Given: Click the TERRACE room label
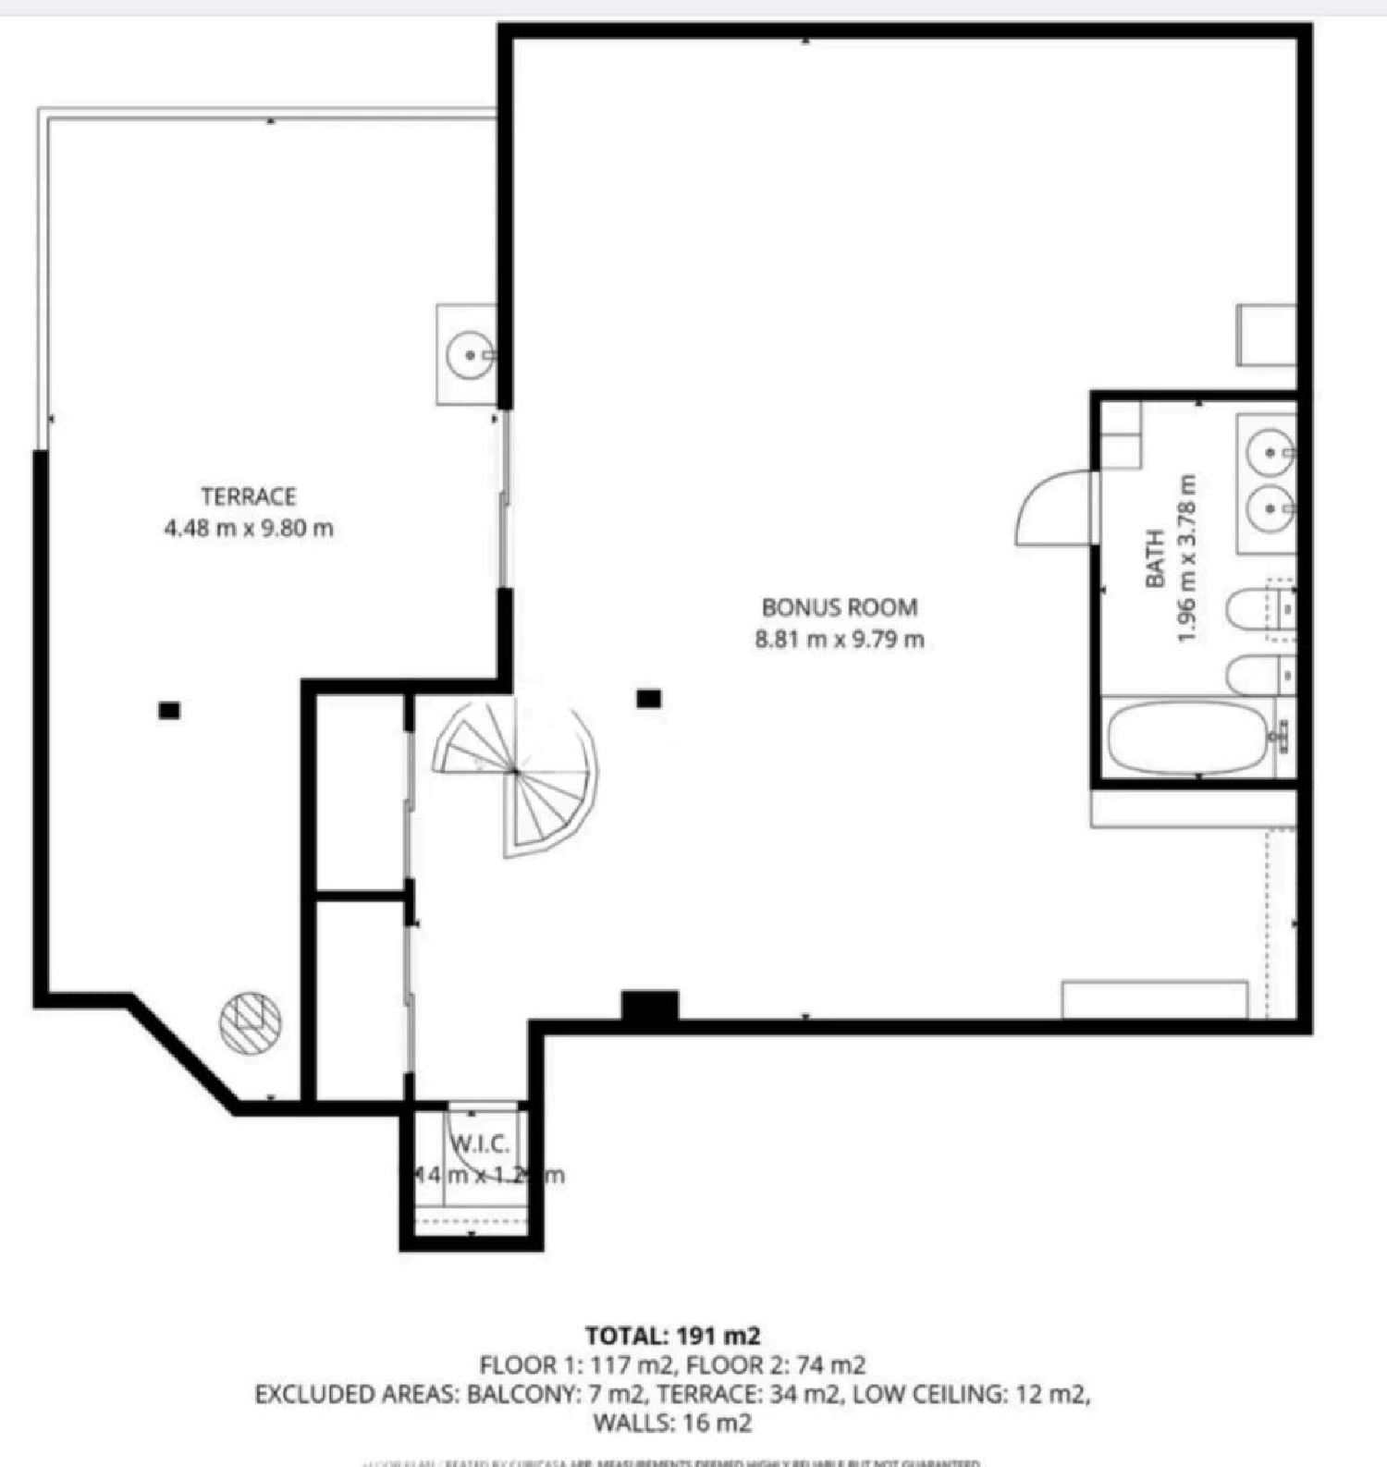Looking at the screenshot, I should click(249, 496).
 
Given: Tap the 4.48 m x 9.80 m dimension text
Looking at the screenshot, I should click(249, 529).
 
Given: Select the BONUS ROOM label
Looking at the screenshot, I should click(840, 607).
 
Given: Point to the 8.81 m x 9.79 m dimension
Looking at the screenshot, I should click(840, 640).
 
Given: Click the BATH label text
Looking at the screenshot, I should click(1154, 558).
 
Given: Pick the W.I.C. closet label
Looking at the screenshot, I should click(481, 1144).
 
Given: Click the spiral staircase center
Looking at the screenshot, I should click(514, 770).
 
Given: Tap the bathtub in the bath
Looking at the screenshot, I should click(1187, 736).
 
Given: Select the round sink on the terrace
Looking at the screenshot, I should click(470, 354).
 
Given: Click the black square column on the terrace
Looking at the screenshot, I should click(169, 710).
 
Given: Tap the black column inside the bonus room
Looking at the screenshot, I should click(649, 699).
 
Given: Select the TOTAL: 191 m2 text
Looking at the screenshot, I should click(672, 1336).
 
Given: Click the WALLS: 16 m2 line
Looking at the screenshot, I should click(672, 1423).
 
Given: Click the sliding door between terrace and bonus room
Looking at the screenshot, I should click(504, 499).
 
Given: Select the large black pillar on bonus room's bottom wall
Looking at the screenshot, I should click(650, 1006).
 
